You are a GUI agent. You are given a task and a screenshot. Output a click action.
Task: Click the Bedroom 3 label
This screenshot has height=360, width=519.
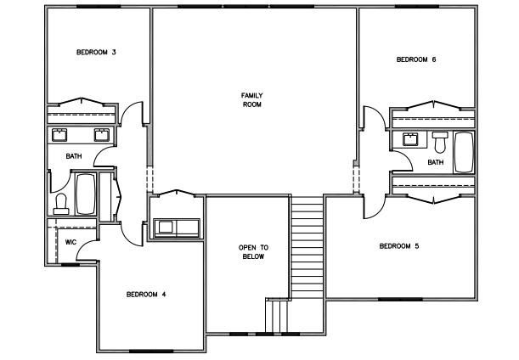point(96,53)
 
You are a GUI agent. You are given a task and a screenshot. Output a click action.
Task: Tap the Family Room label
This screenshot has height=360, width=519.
point(252,100)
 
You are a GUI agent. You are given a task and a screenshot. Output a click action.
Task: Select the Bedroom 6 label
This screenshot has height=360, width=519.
point(416,59)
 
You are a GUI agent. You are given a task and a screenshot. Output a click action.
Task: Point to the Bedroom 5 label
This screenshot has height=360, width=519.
point(399,246)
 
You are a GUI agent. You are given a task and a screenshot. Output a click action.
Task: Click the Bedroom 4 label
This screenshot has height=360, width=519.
point(146,294)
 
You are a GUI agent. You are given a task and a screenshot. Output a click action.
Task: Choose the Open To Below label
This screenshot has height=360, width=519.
point(253,252)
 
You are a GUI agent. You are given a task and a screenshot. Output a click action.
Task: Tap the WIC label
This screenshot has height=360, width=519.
point(71,242)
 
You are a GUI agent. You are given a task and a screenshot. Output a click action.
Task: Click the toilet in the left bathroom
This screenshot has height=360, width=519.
point(61,204)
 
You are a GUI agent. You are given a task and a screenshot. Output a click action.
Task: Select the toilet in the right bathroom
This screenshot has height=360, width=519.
point(440,143)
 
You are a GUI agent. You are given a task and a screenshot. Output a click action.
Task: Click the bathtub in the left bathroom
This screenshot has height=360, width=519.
point(86,194)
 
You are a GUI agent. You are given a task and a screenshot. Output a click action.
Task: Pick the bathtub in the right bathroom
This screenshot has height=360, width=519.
point(464,152)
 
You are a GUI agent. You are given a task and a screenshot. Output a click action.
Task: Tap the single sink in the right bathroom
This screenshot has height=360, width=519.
point(411,139)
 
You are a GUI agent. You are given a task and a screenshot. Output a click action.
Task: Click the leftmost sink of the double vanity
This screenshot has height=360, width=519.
point(59,135)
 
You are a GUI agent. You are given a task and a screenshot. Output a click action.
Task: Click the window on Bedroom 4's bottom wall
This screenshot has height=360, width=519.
point(151,351)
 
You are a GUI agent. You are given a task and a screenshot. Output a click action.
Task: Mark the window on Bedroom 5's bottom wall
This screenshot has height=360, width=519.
point(400,299)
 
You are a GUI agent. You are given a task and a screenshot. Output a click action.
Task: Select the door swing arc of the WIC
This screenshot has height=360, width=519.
point(84,248)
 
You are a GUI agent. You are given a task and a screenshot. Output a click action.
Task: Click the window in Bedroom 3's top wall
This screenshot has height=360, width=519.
point(99,6)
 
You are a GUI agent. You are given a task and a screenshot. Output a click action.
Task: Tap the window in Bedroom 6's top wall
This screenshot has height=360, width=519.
point(417,6)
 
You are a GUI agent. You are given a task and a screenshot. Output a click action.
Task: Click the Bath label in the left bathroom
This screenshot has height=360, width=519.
point(74,156)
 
